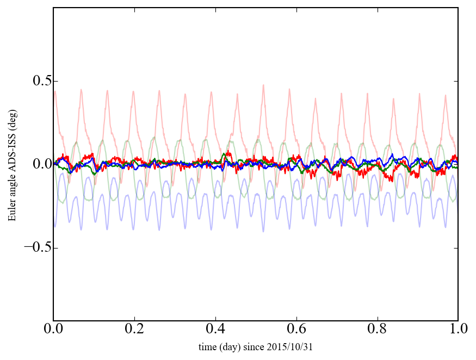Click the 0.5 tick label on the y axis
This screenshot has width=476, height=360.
tap(37, 82)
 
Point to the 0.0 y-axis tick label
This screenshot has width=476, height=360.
tap(37, 165)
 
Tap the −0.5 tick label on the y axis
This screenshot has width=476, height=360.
tap(33, 248)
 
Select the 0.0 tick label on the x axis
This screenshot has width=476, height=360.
tap(53, 330)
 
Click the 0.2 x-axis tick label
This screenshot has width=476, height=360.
tap(134, 330)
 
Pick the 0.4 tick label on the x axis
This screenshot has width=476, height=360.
tap(215, 330)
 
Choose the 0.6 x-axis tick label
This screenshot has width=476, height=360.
tap(296, 330)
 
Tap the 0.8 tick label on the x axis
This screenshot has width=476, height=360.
tap(377, 330)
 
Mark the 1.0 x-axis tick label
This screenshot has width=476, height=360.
tap(458, 330)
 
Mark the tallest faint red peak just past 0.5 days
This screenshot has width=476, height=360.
tap(263, 85)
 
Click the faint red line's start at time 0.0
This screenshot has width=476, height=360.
tap(54, 91)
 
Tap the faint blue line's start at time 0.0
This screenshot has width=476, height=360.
tap(54, 225)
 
